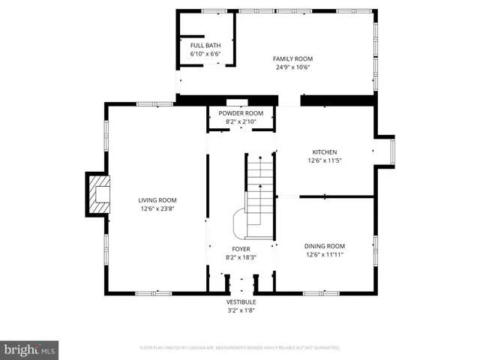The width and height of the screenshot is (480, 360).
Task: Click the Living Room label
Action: coord(157,199)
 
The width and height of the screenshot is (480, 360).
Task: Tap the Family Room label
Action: coord(292,58)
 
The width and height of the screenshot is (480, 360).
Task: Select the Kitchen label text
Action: coord(324,151)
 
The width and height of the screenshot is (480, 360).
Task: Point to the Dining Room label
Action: coord(324,246)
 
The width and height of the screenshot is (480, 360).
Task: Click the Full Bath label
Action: coord(205,46)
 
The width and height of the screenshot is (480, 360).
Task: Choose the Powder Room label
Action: coord(241,112)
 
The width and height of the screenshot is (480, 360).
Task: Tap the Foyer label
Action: coord(241,249)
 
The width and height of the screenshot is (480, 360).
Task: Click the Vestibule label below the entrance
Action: coord(241,301)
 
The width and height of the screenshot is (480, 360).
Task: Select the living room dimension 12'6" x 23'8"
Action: coord(157,208)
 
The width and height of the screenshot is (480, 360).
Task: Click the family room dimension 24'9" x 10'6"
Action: coord(292,67)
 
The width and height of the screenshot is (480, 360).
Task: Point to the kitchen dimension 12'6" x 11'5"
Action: coord(324,160)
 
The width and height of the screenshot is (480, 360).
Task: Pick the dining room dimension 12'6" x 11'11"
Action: coord(324,255)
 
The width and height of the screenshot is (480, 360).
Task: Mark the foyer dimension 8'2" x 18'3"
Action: coord(241,258)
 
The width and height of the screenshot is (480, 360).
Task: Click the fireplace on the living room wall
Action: coord(96,194)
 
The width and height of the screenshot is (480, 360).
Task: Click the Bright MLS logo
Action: coord(30,349)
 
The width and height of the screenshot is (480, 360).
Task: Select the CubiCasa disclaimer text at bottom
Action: coord(240,348)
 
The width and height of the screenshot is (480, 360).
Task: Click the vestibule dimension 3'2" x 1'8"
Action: coord(241,310)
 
